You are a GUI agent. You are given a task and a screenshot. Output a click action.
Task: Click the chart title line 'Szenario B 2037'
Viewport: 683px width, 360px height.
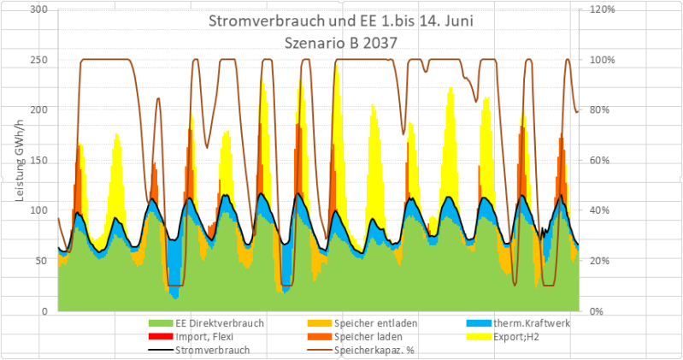click(340, 38)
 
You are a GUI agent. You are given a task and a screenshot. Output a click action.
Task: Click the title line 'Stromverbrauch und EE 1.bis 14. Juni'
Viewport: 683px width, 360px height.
click(340, 20)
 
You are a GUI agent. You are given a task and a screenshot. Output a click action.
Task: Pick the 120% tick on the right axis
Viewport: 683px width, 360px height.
click(598, 9)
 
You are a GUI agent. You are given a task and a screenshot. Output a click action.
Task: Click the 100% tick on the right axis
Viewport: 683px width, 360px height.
click(598, 60)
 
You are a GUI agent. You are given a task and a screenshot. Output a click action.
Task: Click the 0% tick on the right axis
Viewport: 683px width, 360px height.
click(592, 311)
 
